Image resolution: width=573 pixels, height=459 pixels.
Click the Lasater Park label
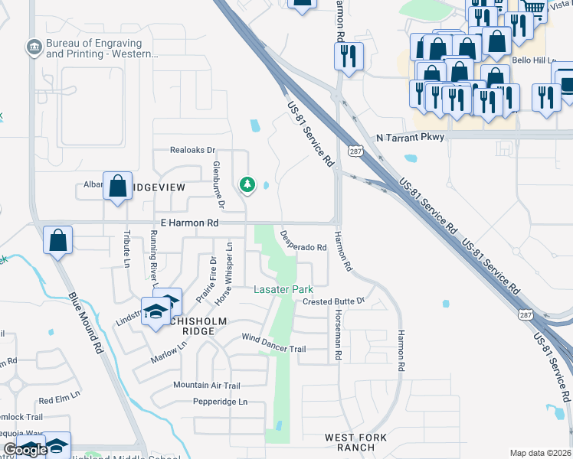click(x=283, y=290)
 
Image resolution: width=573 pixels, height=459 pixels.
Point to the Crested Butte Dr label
click(x=333, y=301)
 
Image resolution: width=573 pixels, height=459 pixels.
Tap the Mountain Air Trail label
click(x=206, y=385)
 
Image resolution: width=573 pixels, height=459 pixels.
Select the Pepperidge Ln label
click(x=221, y=401)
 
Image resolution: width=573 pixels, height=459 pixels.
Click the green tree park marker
click(x=247, y=184)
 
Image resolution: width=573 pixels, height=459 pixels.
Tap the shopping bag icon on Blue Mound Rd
click(x=58, y=240)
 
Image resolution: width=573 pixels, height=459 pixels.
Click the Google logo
click(x=25, y=450)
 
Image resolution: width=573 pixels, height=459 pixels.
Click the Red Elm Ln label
click(x=56, y=400)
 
